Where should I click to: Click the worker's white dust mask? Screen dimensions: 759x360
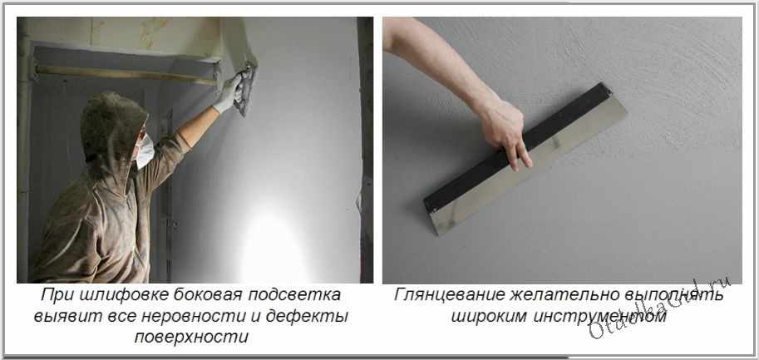(x=145, y=150)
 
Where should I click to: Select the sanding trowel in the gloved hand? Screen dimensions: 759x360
(x=246, y=90)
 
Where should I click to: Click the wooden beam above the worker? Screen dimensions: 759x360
(x=126, y=75)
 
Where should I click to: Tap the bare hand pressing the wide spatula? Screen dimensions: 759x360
(x=504, y=131)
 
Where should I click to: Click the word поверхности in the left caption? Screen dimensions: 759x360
(x=192, y=338)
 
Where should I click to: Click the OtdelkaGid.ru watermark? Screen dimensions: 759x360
(x=659, y=308)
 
